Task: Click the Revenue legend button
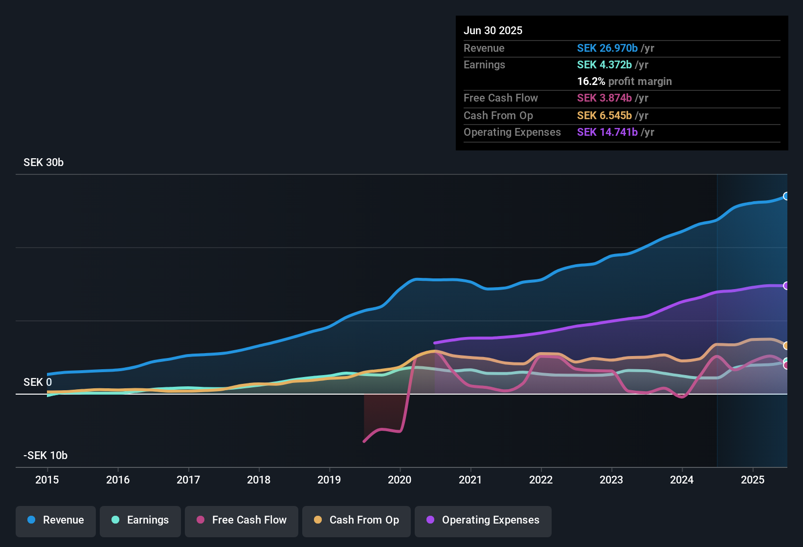click(x=56, y=520)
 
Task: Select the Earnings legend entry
click(x=140, y=520)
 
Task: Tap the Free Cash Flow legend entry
click(x=242, y=520)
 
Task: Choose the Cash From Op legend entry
click(x=357, y=520)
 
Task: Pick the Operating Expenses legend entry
click(x=483, y=520)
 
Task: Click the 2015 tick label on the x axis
click(x=47, y=480)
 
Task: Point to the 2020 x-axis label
click(x=400, y=480)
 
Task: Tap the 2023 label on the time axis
click(x=611, y=480)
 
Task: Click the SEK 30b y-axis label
click(x=44, y=163)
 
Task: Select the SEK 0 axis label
click(x=38, y=382)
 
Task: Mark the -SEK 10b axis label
click(x=45, y=455)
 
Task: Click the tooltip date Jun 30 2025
click(x=493, y=30)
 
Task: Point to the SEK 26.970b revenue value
click(x=607, y=48)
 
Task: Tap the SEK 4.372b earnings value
click(x=604, y=64)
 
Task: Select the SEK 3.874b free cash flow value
click(x=604, y=98)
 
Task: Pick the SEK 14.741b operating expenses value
click(x=607, y=132)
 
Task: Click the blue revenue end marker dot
click(x=786, y=196)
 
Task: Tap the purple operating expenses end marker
click(x=786, y=286)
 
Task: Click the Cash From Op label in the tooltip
click(x=498, y=115)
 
